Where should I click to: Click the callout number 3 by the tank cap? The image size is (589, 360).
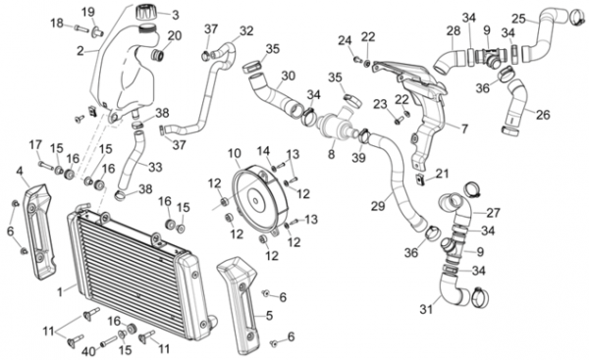click(x=176, y=16)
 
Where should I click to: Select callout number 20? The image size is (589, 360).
click(x=175, y=36)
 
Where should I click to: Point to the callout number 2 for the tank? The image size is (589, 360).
click(x=80, y=51)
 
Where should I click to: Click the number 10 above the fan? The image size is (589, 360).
click(x=235, y=154)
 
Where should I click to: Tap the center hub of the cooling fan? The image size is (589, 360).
click(x=256, y=200)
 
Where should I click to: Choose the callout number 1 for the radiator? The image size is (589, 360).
click(x=60, y=291)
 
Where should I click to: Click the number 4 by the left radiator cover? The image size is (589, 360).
click(x=20, y=172)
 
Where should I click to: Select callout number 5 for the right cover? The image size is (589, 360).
click(x=269, y=316)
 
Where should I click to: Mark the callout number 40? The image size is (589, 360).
click(x=89, y=352)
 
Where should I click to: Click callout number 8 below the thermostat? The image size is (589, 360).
click(x=331, y=154)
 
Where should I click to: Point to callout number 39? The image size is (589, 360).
click(x=358, y=158)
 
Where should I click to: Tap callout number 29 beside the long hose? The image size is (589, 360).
click(x=378, y=206)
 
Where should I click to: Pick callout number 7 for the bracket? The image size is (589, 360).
click(x=464, y=129)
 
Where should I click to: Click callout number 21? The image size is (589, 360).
click(x=442, y=174)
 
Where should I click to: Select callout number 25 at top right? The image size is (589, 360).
click(x=518, y=19)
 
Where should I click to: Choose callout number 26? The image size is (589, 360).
click(x=543, y=115)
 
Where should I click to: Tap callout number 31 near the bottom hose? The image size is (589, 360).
click(x=426, y=309)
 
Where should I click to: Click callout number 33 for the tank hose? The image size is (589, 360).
click(x=155, y=167)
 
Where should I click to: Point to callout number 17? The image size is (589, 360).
click(x=35, y=145)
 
